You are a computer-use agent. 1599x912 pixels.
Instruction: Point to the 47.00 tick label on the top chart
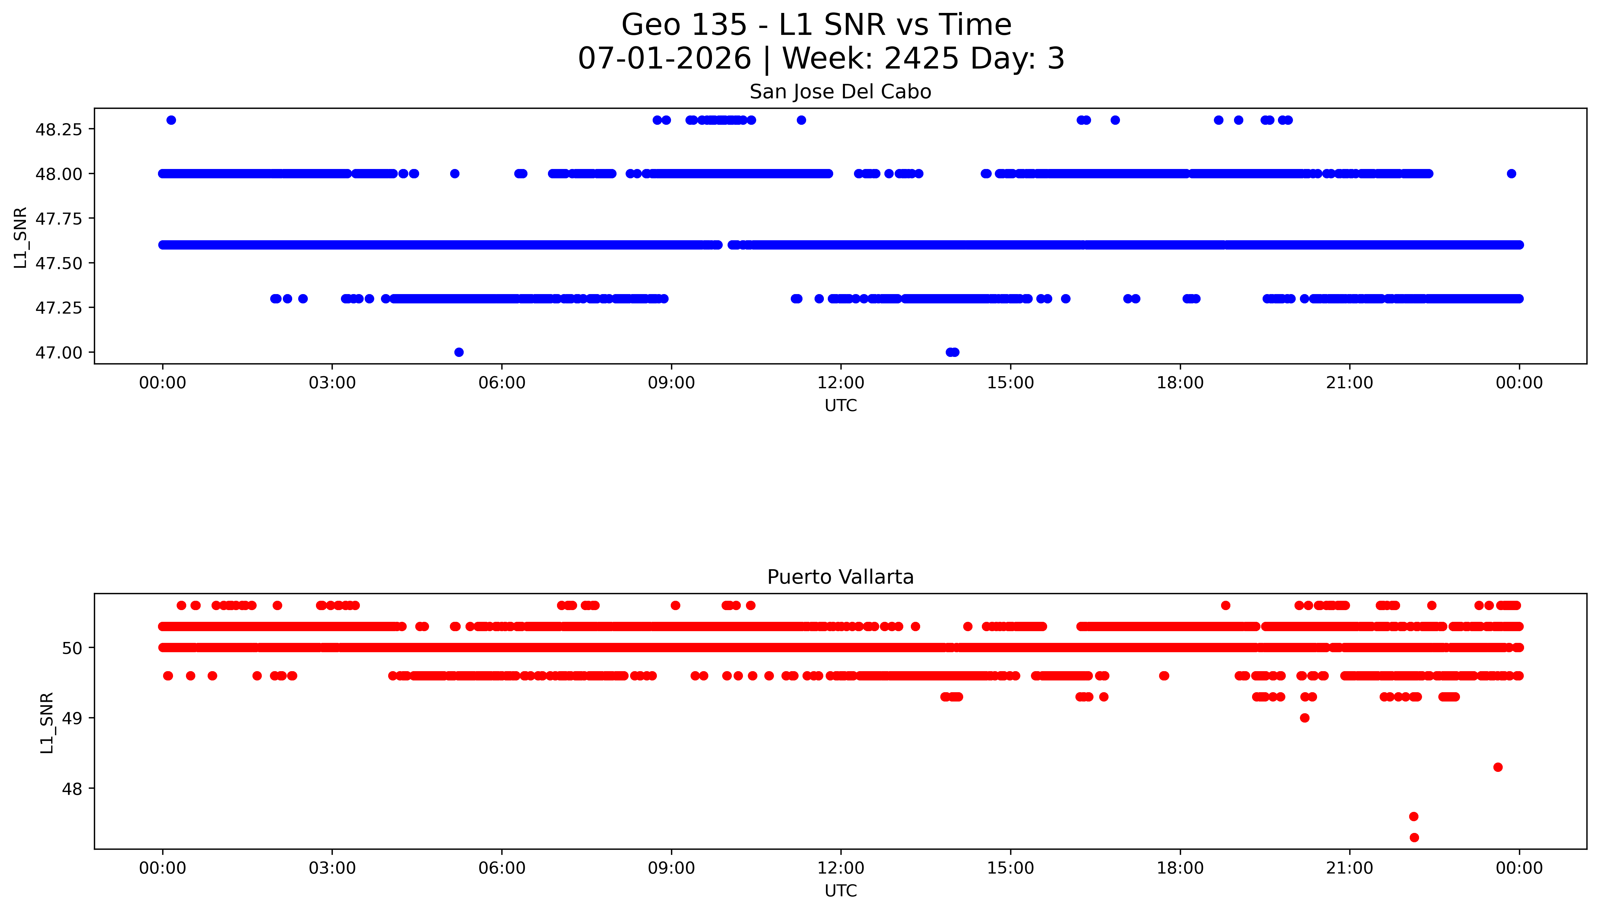[x=58, y=353]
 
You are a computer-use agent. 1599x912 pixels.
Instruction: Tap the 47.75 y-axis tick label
[x=58, y=219]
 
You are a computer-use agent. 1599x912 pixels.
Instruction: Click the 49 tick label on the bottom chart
[x=72, y=718]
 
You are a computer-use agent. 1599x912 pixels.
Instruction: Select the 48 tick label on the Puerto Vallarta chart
[x=72, y=789]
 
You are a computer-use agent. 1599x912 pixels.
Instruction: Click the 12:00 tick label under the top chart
[x=840, y=383]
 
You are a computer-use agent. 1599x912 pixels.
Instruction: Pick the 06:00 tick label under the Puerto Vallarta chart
[x=501, y=868]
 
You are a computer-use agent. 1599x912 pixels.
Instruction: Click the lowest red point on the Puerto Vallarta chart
[x=1413, y=837]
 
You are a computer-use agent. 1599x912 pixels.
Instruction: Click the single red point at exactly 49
[x=1304, y=718]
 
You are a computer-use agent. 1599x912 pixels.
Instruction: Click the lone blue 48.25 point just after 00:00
[x=171, y=120]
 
